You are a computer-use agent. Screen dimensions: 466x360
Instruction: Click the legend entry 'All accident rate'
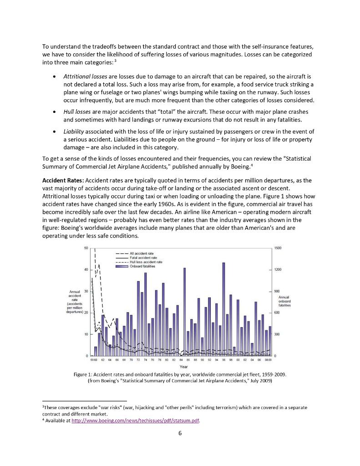point(142,253)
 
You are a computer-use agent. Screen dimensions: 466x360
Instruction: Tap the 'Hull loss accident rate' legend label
point(146,262)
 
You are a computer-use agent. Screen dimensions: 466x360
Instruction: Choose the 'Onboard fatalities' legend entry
point(142,266)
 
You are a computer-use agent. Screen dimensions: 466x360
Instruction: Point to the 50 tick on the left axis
point(86,248)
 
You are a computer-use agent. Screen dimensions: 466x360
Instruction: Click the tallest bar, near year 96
point(223,309)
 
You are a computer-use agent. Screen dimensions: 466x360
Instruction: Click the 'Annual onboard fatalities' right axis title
point(284,301)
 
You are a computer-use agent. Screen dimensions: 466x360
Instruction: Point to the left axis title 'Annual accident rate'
point(74,302)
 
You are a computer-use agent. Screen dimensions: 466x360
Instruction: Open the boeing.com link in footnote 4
point(136,421)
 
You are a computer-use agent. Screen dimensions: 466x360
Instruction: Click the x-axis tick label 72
point(138,360)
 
